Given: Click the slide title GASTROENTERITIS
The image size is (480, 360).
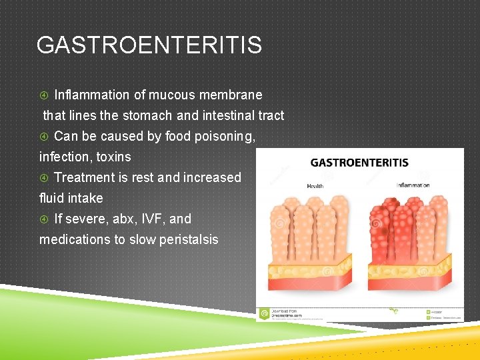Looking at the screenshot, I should (x=149, y=45).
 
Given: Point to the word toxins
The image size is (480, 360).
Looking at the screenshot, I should (x=114, y=157).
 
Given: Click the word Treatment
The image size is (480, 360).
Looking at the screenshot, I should (x=85, y=177).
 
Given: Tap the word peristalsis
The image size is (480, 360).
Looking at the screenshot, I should (x=186, y=239).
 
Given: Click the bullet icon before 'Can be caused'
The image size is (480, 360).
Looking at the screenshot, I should (x=44, y=137).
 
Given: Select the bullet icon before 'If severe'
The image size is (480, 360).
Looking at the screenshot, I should (x=44, y=219).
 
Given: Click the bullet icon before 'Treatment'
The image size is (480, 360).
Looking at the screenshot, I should (x=44, y=178).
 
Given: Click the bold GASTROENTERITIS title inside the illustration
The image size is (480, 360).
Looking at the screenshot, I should (x=359, y=162).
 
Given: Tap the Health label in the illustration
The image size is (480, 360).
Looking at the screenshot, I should (x=315, y=186).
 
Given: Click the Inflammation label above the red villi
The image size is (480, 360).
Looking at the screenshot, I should (x=413, y=185).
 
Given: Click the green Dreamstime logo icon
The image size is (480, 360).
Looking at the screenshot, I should (x=265, y=312).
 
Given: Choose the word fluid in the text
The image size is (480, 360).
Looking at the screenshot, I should (x=52, y=198).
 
